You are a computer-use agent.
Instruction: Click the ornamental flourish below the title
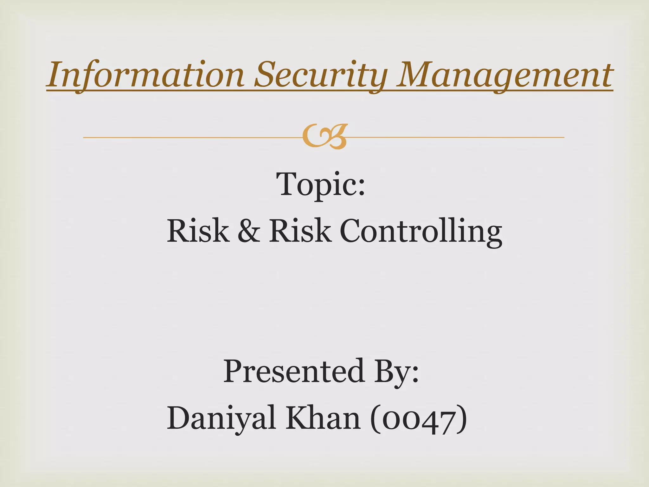324,137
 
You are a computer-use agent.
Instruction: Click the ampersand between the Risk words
249,231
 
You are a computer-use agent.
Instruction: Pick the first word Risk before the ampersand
198,231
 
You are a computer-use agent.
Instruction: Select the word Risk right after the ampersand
300,231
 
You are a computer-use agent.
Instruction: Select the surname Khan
323,418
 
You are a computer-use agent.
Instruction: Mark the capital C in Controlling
352,231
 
